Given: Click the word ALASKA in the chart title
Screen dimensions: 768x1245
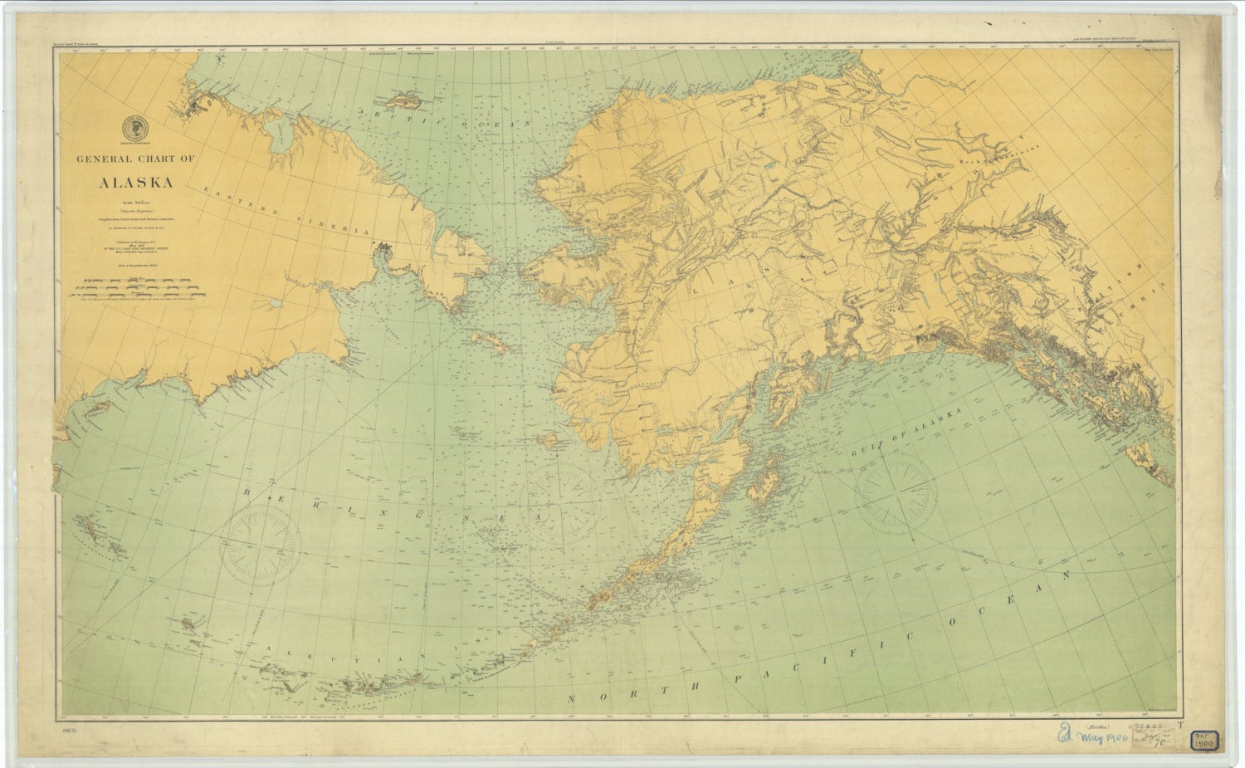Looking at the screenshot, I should coord(136,183).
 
